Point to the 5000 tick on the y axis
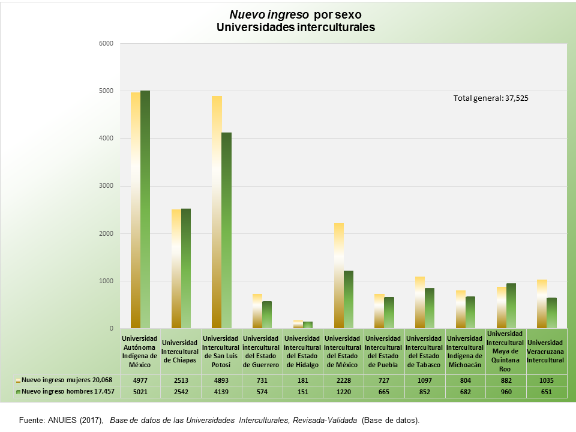[x=106, y=91]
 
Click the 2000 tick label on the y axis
[x=106, y=233]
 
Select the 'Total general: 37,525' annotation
[x=490, y=98]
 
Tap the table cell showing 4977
[x=140, y=380]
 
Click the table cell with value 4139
[x=221, y=392]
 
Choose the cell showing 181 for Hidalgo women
[x=302, y=380]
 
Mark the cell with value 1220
[x=343, y=392]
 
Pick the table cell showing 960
[x=506, y=392]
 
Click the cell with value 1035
[x=547, y=380]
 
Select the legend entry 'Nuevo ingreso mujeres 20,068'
[x=67, y=380]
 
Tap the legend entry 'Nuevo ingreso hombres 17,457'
[x=67, y=392]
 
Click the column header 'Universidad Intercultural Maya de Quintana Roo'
[x=506, y=352]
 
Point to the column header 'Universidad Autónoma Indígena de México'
[x=140, y=352]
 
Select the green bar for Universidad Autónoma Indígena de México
[x=145, y=209]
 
